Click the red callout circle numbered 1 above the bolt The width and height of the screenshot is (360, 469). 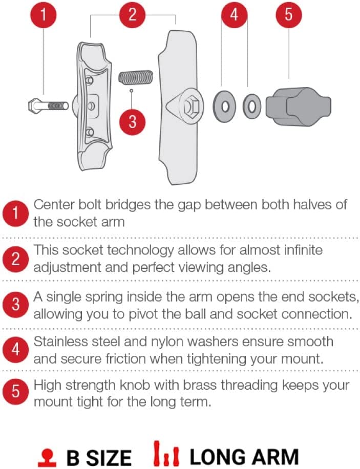[44, 14]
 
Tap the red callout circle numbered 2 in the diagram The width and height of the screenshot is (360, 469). [132, 14]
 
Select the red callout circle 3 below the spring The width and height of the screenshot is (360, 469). [132, 122]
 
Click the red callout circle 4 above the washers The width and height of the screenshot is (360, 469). [235, 14]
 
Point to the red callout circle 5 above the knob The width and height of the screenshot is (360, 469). [288, 14]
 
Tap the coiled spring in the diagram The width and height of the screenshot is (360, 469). [136, 77]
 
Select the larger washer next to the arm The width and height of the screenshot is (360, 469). [224, 106]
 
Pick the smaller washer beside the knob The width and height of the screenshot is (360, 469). [251, 106]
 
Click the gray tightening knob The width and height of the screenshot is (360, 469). [299, 106]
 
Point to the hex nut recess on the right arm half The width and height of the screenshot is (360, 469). [191, 106]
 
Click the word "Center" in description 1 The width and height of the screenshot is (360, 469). [54, 205]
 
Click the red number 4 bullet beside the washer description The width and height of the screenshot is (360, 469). [15, 349]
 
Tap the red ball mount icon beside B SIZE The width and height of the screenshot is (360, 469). [47, 458]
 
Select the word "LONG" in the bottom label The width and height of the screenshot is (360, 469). [218, 457]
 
